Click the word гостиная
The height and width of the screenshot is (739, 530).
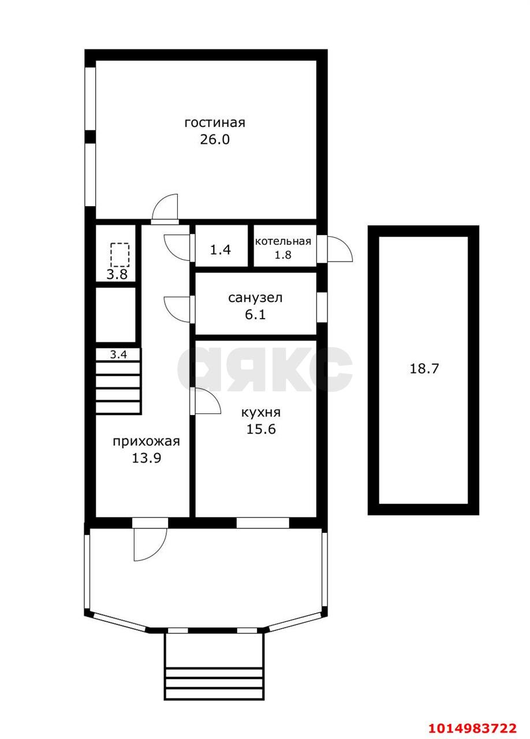215,123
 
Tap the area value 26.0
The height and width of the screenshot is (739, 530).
215,140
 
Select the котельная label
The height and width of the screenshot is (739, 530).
283,241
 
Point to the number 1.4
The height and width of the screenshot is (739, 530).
221,250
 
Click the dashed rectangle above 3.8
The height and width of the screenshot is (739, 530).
120,255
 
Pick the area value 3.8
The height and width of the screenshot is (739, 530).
117,274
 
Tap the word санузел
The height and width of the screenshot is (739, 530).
255,298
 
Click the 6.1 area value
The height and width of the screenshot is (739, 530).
255,315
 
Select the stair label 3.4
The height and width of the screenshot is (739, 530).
118,355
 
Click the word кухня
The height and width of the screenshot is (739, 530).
261,412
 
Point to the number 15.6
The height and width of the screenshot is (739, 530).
261,429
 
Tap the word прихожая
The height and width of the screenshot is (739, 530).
147,442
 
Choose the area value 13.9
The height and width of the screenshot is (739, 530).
147,458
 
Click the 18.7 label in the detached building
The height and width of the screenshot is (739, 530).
424,368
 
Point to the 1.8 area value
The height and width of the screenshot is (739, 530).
283,255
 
